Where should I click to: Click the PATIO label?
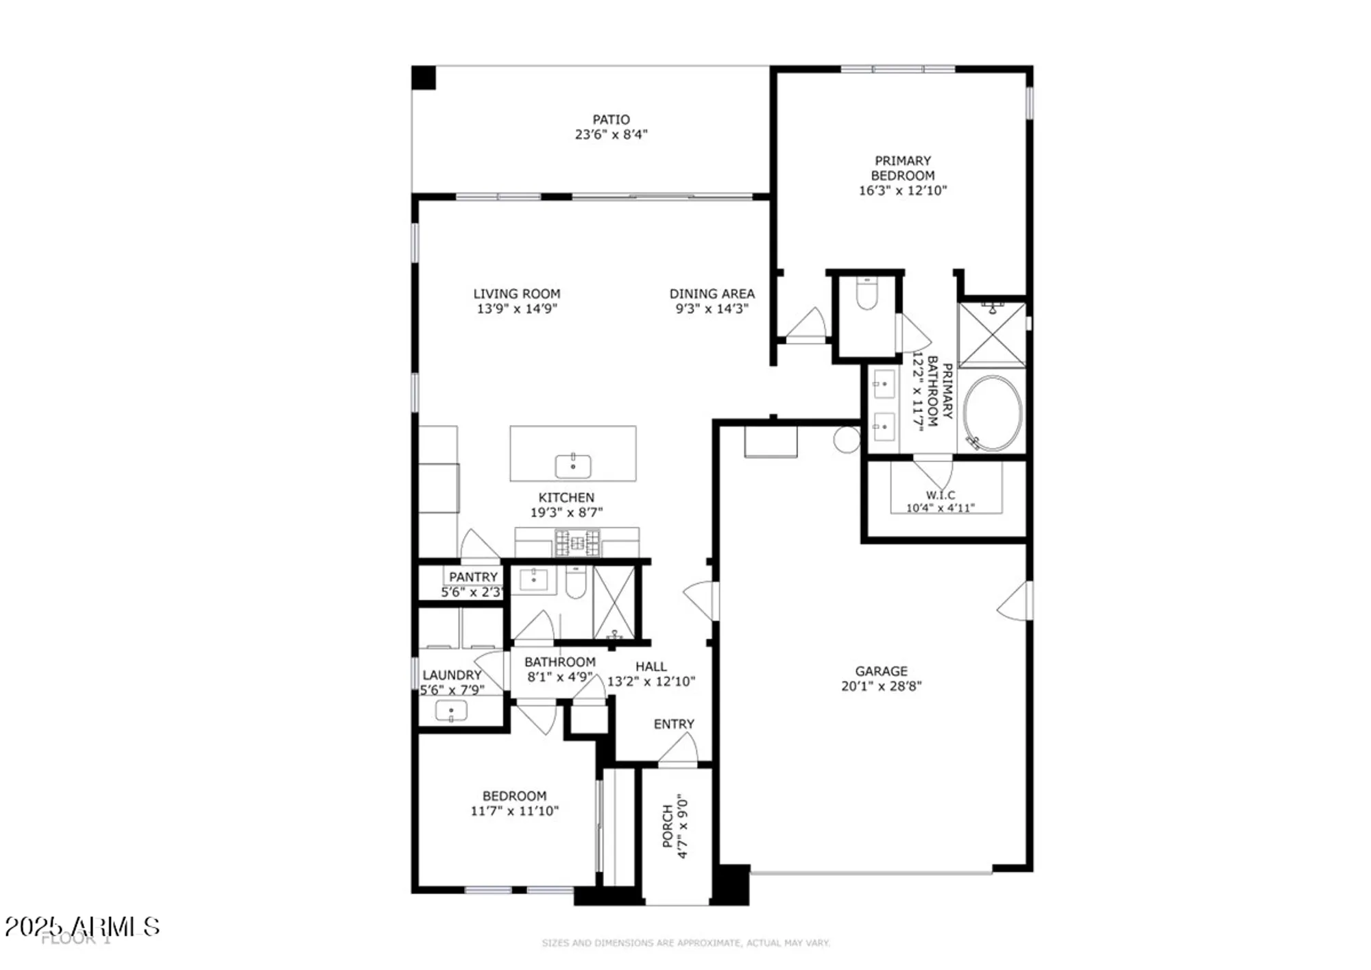[611, 119]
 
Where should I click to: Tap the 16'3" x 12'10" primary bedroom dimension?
[902, 191]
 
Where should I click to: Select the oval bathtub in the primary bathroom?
[992, 413]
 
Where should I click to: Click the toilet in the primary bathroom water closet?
[866, 295]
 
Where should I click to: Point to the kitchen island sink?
[573, 465]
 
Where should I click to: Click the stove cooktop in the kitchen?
[577, 544]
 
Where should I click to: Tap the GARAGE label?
[881, 671]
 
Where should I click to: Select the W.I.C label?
[940, 495]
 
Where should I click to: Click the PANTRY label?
[473, 577]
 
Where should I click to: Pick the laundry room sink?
[451, 712]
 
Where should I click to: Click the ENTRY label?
[674, 724]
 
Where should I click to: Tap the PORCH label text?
[668, 826]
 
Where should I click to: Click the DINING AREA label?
[712, 293]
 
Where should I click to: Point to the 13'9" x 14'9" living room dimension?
[517, 309]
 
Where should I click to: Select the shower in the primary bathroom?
[991, 335]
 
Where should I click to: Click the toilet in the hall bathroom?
[576, 583]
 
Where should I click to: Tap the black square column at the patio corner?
[424, 77]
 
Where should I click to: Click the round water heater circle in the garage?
[847, 439]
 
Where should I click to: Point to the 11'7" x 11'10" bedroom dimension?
[514, 812]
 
